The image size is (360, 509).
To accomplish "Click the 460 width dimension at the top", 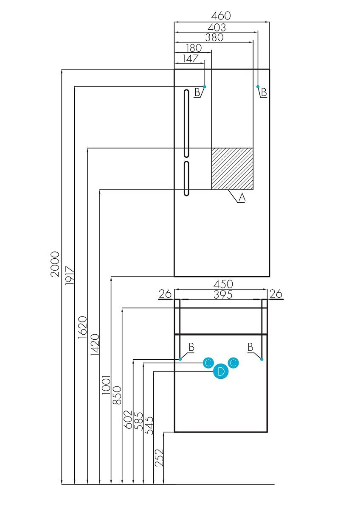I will [221, 16].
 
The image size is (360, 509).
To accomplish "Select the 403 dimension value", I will [217, 27].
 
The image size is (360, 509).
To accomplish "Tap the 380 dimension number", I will [214, 37].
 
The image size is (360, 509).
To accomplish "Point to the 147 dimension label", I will [190, 59].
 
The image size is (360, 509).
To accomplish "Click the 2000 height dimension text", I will [55, 264].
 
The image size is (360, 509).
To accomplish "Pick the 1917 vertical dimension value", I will [70, 275].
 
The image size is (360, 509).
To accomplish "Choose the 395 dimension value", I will [222, 295].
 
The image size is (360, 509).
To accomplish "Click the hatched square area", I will [232, 168].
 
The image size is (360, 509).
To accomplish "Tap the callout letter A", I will [242, 197].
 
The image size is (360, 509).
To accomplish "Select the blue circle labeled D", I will [220, 372].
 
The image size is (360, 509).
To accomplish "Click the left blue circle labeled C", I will [208, 363].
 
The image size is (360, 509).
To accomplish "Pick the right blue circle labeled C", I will [233, 363].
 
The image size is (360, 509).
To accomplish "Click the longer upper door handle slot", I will [186, 123].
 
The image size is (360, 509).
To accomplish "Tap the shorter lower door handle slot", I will [186, 178].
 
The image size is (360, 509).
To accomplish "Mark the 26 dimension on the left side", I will [165, 294].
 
